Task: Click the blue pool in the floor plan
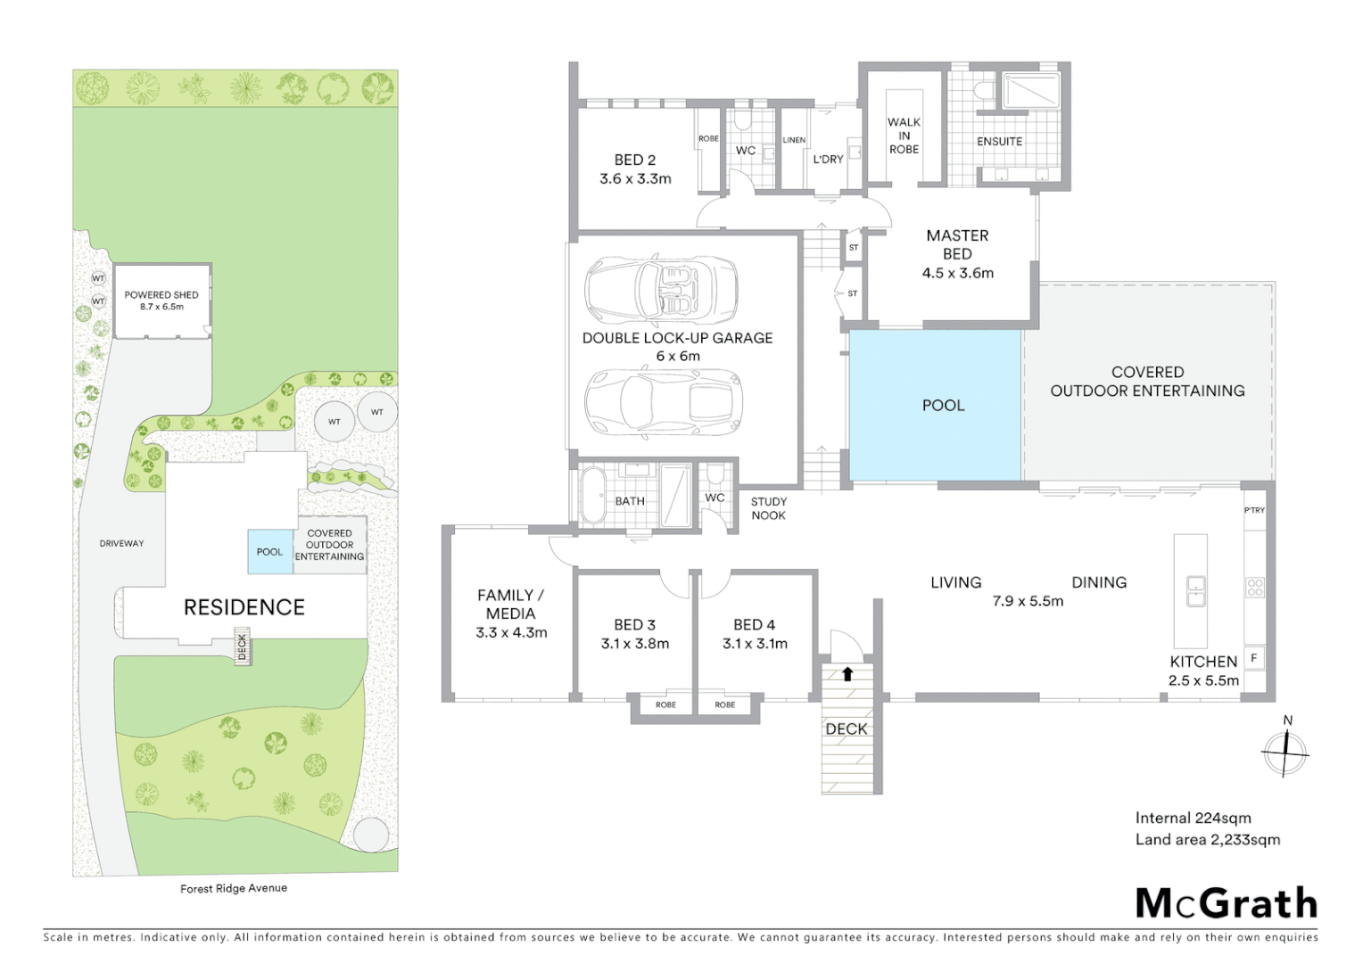pyautogui.click(x=934, y=406)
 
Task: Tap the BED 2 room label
pyautogui.click(x=634, y=160)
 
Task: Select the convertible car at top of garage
pyautogui.click(x=661, y=290)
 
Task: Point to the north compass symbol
pyautogui.click(x=1285, y=752)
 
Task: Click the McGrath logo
pyautogui.click(x=1226, y=903)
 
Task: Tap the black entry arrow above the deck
pyautogui.click(x=847, y=674)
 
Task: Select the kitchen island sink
pyautogui.click(x=1195, y=590)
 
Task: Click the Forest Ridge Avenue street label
pyautogui.click(x=234, y=888)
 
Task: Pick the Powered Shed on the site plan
pyautogui.click(x=161, y=301)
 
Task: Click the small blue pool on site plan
pyautogui.click(x=269, y=552)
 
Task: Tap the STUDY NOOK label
pyautogui.click(x=768, y=508)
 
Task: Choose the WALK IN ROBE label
pyautogui.click(x=904, y=136)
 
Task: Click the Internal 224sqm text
pyautogui.click(x=1193, y=818)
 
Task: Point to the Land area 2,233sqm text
pyautogui.click(x=1207, y=839)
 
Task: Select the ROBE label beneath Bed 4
pyautogui.click(x=725, y=704)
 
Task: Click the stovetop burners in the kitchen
pyautogui.click(x=1254, y=588)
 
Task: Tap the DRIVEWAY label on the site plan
pyautogui.click(x=121, y=543)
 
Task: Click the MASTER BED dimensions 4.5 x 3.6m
pyautogui.click(x=957, y=273)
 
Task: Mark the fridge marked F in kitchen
pyautogui.click(x=1253, y=658)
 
